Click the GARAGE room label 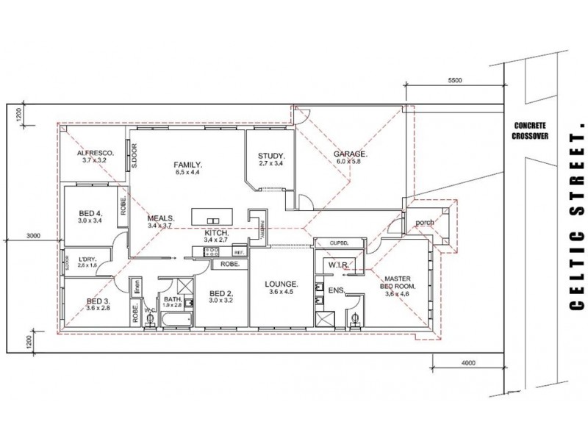tap(351, 154)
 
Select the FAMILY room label tap(187, 164)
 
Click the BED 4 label tap(90, 215)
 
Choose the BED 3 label tap(98, 301)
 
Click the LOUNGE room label tap(282, 283)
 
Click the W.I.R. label tap(337, 264)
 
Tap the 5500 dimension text tap(453, 81)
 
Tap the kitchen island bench tap(213, 218)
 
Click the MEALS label tap(160, 218)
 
